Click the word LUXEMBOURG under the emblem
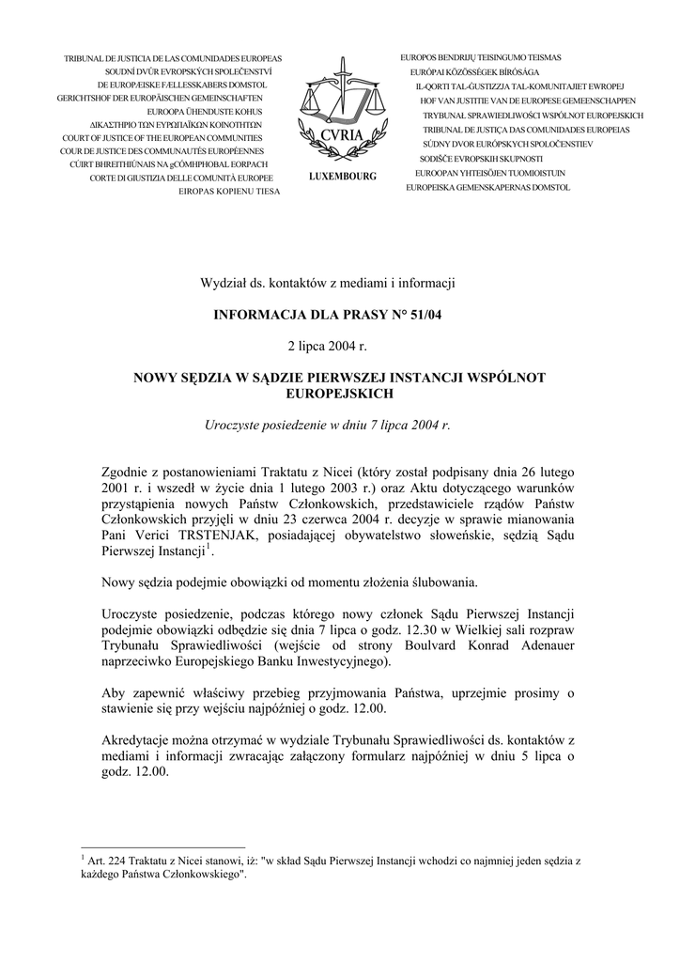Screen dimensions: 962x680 (x=341, y=177)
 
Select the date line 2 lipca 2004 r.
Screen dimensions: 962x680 (x=328, y=347)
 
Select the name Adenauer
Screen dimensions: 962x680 (x=543, y=646)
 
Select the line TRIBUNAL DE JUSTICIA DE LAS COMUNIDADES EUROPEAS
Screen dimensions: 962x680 (x=173, y=58)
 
